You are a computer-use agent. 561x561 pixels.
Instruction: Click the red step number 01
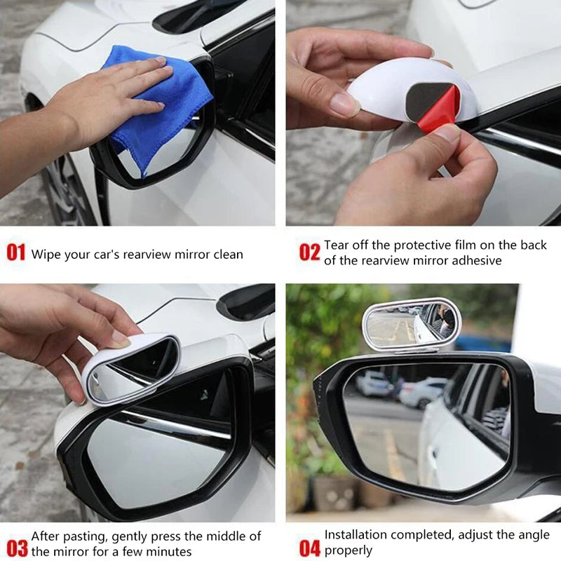pyautogui.click(x=15, y=252)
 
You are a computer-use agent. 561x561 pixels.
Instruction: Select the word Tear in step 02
pyautogui.click(x=337, y=245)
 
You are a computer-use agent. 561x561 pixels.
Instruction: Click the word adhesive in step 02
pyautogui.click(x=476, y=260)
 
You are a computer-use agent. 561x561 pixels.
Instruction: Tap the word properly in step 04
pyautogui.click(x=348, y=551)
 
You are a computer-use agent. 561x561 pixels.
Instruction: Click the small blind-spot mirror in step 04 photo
pyautogui.click(x=411, y=324)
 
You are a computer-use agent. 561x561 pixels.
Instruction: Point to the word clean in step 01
pyautogui.click(x=227, y=255)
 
